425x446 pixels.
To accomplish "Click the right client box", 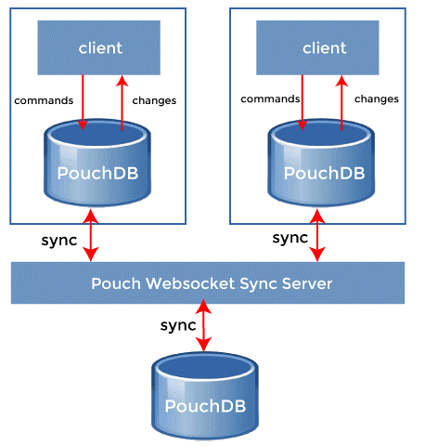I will click(x=323, y=47).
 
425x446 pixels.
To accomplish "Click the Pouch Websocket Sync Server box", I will click(x=208, y=282).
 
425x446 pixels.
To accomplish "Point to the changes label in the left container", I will click(x=154, y=99).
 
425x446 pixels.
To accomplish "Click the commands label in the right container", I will click(x=269, y=98).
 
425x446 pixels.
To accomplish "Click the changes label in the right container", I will click(x=376, y=98).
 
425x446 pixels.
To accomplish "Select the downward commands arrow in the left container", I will click(x=83, y=102).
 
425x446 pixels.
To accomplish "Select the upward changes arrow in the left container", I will click(x=121, y=107).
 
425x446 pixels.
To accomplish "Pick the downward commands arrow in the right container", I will click(x=303, y=102).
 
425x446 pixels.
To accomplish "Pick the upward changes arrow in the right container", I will click(x=341, y=107).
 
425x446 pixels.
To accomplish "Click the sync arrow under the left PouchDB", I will click(x=90, y=236).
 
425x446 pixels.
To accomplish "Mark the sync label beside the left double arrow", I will click(x=60, y=240).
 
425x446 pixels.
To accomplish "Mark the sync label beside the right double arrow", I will click(x=290, y=238).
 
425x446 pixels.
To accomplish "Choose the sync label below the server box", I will click(x=177, y=325).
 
